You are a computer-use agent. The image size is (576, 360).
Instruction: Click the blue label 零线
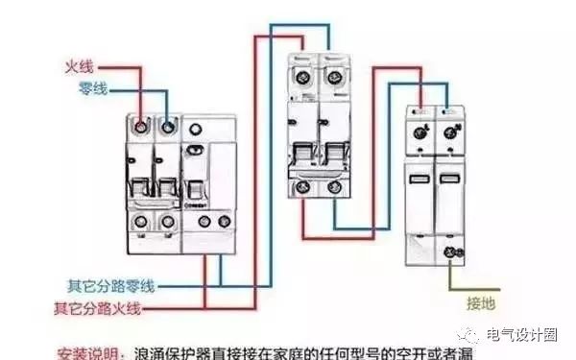tap(94, 89)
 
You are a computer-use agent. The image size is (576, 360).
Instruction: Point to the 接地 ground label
tap(482, 304)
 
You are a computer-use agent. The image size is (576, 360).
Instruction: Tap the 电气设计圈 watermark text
tap(522, 335)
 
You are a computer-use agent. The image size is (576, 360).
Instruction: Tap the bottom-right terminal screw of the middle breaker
tap(334, 188)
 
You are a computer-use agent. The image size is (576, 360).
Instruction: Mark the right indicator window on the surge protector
tap(448, 180)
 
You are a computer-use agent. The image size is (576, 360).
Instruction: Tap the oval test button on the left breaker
tap(195, 150)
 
